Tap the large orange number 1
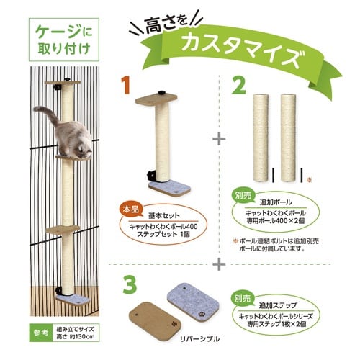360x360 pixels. tap(127, 84)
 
